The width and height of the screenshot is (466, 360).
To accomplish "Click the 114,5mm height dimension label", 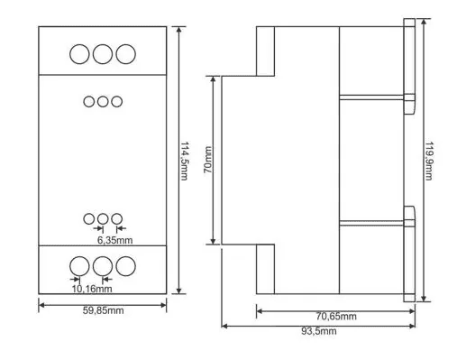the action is click(x=184, y=161).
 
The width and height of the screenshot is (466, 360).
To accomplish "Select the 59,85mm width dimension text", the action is click(x=103, y=310).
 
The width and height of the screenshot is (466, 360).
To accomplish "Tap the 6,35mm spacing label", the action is click(x=114, y=240).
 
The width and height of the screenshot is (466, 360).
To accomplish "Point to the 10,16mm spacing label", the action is click(x=92, y=289).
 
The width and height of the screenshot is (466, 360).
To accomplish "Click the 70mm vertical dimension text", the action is click(x=208, y=160).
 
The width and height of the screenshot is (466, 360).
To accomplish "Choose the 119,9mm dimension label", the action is click(x=429, y=161).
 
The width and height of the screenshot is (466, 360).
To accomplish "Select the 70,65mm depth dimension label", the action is click(x=336, y=316).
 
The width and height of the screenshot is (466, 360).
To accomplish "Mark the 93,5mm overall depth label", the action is click(x=319, y=331).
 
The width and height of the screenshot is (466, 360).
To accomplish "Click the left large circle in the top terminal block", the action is click(x=79, y=54).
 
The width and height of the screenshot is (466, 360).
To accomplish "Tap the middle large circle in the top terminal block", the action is click(x=103, y=54).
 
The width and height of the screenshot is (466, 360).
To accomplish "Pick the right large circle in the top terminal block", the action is click(x=126, y=54).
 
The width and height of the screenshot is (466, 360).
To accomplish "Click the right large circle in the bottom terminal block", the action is click(x=126, y=266).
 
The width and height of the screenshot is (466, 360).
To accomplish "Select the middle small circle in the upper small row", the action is click(x=103, y=102).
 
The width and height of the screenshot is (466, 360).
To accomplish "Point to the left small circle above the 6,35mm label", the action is click(x=89, y=219).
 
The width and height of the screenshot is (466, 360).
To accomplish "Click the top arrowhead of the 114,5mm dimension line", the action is click(x=179, y=30).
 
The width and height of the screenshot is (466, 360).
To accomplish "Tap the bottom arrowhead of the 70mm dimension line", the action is click(x=213, y=241).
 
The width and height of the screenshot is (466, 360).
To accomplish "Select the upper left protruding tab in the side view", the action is click(x=265, y=51).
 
